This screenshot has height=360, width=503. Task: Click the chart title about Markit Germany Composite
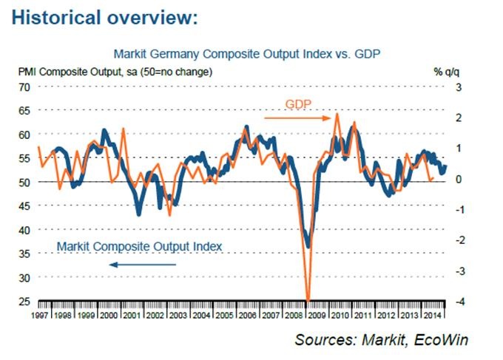coord(246,54)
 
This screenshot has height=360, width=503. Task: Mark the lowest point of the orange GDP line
coord(308,300)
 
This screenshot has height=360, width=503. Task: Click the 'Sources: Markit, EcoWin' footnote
coord(382,340)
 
